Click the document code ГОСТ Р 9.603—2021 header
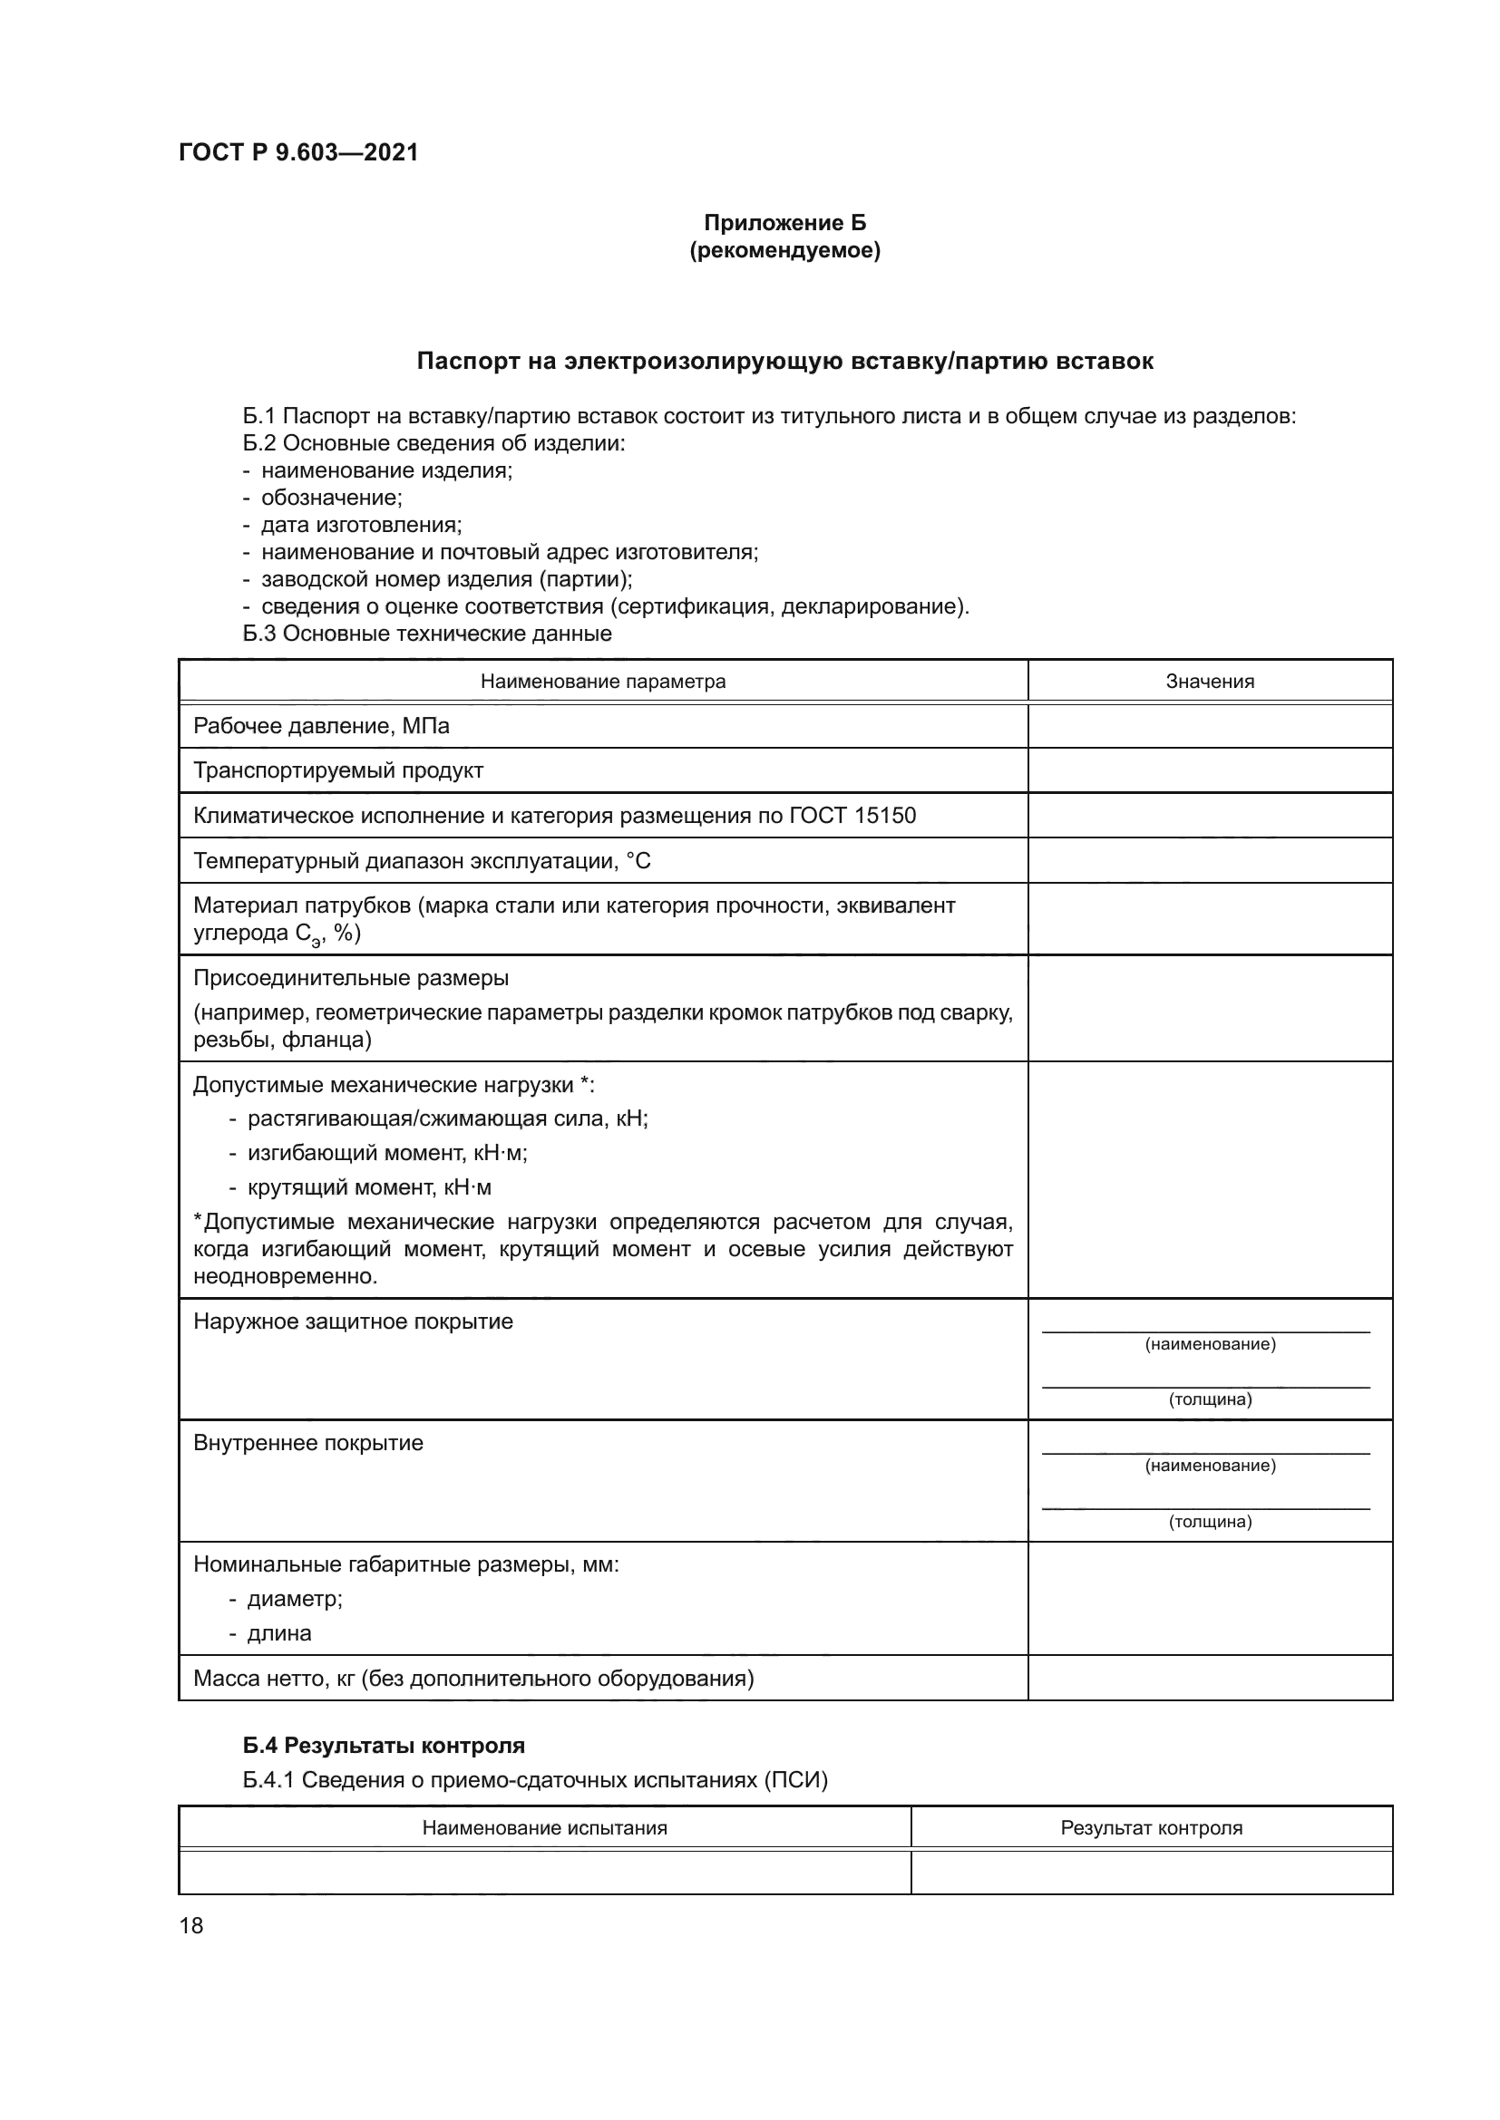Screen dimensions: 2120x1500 [298, 152]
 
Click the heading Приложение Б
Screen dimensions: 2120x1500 [784, 223]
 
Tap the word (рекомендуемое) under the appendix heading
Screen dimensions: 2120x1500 [784, 250]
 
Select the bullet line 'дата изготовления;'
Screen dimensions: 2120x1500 [361, 525]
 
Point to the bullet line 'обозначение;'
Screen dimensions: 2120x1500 [332, 498]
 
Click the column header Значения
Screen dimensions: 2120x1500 [1209, 682]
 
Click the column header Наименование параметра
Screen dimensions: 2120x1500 [602, 682]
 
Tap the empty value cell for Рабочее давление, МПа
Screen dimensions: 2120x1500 [1209, 726]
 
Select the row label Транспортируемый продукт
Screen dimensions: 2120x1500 [338, 770]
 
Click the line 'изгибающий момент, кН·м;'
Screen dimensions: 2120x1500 [387, 1152]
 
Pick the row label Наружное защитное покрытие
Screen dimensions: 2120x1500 [353, 1321]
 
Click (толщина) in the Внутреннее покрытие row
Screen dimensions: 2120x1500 [1209, 1522]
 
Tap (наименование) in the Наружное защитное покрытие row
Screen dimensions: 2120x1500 [1209, 1344]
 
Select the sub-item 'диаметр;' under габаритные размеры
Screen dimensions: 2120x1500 [295, 1598]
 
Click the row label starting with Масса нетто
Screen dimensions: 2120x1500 [472, 1678]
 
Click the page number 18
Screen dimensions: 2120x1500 [191, 1925]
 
